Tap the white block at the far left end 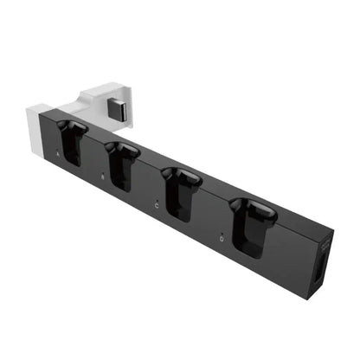pyautogui.click(x=37, y=128)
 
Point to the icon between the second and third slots pyautogui.click(x=155, y=204)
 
